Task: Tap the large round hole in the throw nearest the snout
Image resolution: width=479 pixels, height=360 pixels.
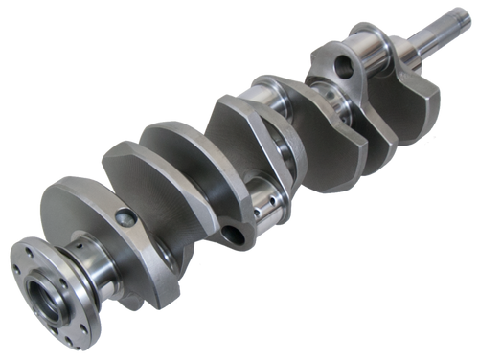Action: (342, 68)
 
